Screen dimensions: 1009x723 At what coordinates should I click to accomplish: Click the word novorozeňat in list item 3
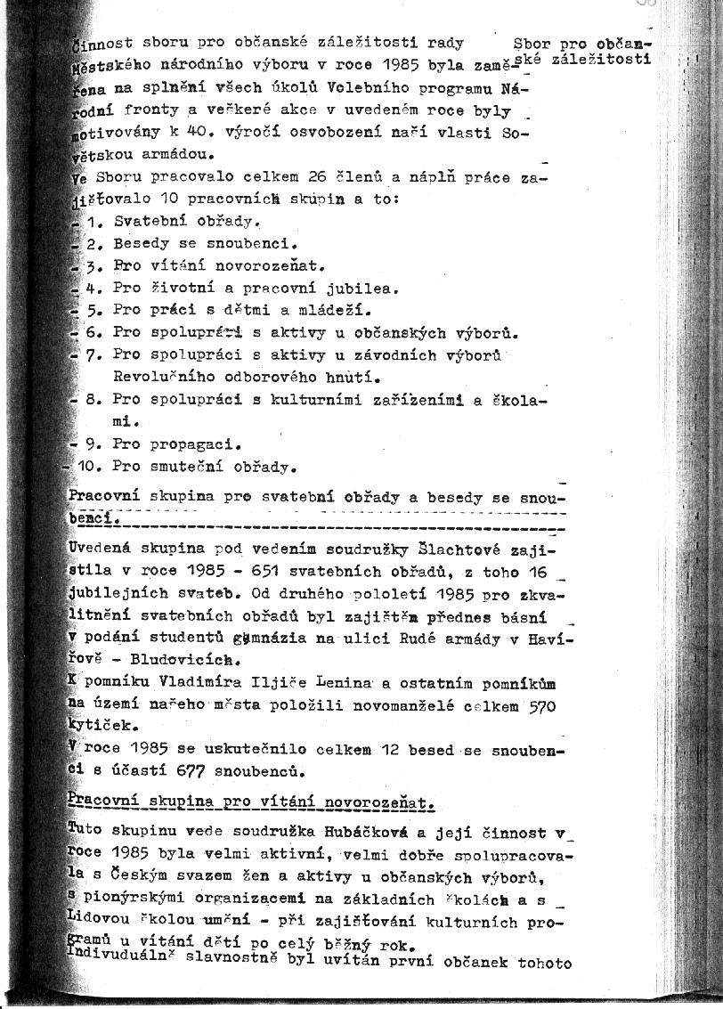point(270,265)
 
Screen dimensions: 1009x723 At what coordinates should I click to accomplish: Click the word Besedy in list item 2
point(140,242)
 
